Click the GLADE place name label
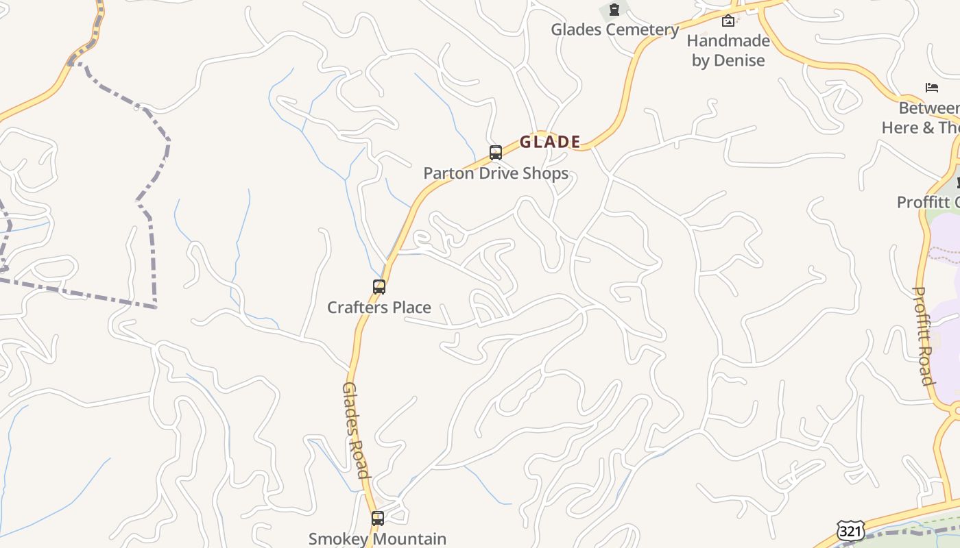click(550, 142)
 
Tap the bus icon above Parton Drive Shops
click(496, 153)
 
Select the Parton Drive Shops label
click(496, 173)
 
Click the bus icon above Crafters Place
click(379, 287)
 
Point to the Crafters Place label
click(379, 308)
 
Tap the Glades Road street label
click(356, 429)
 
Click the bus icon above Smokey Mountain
click(378, 519)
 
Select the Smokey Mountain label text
click(378, 539)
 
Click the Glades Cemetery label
click(615, 29)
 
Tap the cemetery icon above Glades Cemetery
click(614, 10)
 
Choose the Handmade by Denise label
click(728, 50)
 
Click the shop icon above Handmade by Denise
click(728, 21)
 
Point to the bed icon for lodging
click(932, 88)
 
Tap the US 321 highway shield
click(850, 531)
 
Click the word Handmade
click(728, 40)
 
